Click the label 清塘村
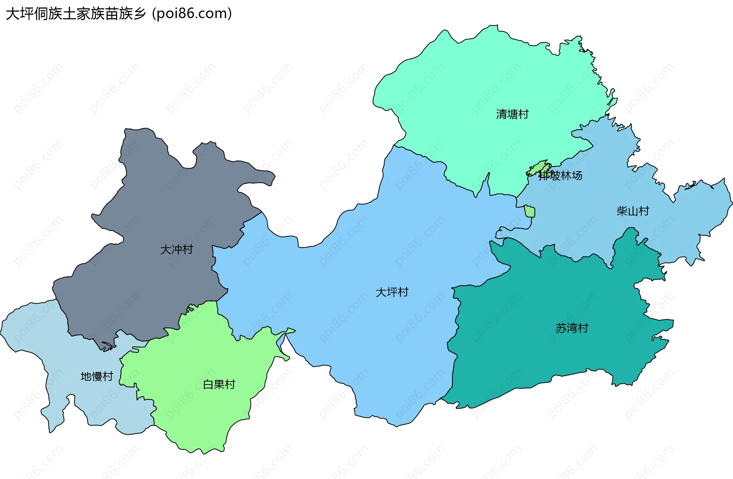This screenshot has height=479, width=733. coord(512,114)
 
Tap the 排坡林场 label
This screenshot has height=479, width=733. coord(560,175)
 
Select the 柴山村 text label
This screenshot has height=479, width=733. coord(633,211)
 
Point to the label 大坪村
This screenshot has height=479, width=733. coord(392,292)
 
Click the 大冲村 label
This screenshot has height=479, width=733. coord(176,250)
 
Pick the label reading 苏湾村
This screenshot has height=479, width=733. coord(572,328)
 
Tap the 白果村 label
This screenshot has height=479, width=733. coord(219,385)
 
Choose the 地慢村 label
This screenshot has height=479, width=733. coord(97,377)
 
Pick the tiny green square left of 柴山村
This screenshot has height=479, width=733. coord(529,211)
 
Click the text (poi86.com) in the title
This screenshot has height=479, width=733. coord(192,14)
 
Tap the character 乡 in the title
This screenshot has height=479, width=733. coord(140,14)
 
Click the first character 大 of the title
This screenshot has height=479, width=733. coord(13,14)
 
